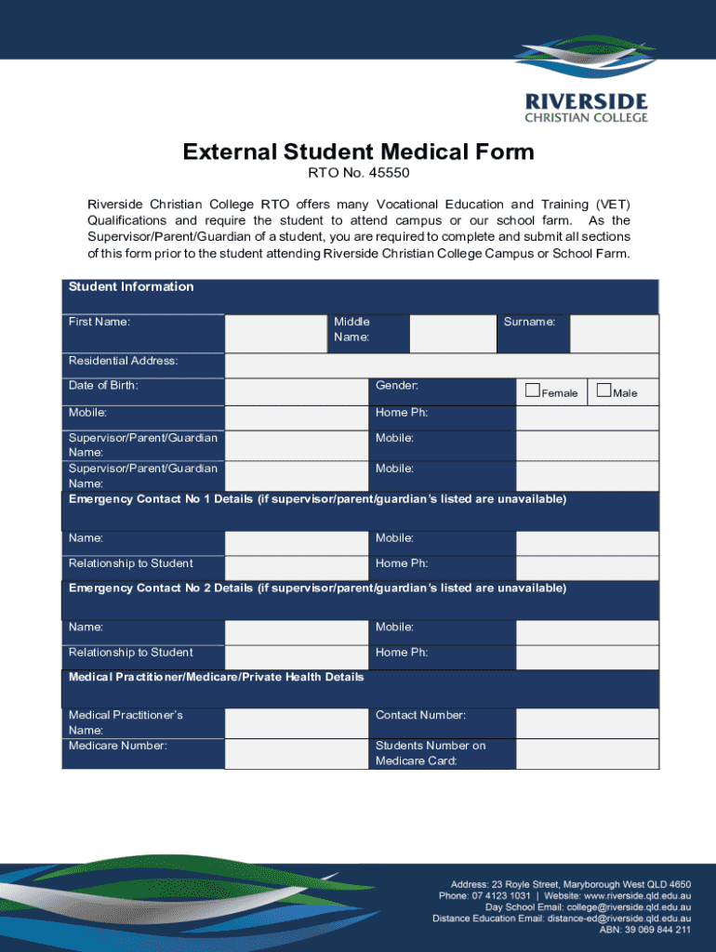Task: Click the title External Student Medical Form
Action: pos(358,152)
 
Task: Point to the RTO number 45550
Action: pos(359,174)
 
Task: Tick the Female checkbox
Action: pos(533,390)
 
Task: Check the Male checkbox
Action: pos(604,390)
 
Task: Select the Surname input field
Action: pos(614,334)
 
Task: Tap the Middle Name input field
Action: pos(452,334)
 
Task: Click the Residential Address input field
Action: pos(442,365)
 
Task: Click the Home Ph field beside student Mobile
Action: pos(587,418)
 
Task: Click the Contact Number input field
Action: pos(587,722)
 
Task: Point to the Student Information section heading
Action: pos(131,286)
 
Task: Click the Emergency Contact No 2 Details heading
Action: pos(317,588)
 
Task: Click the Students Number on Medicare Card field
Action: pos(587,754)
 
